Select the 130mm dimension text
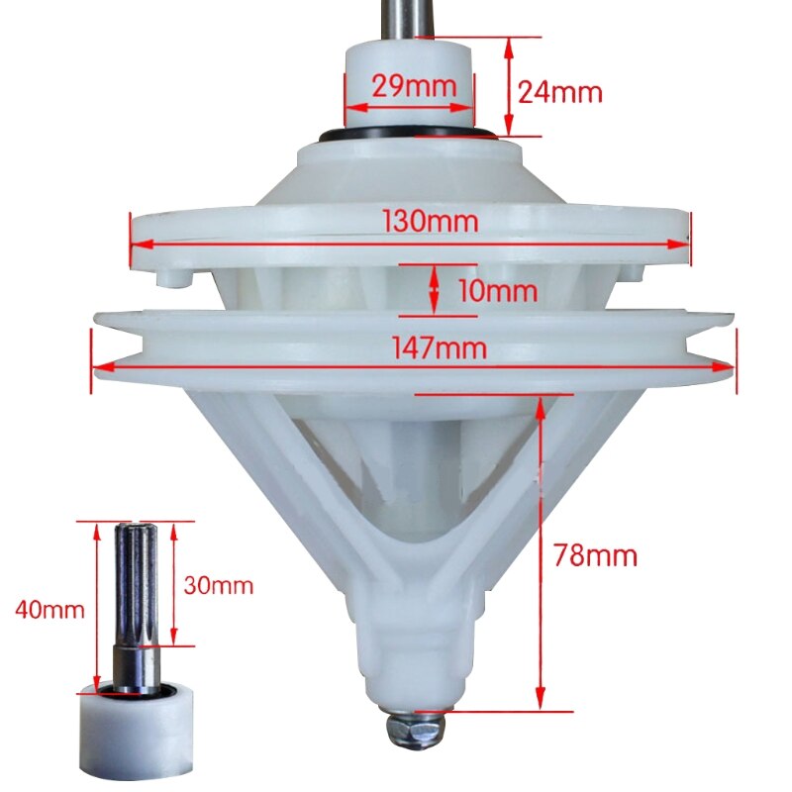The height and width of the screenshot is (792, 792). click(x=433, y=222)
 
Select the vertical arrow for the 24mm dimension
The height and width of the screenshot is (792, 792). click(x=509, y=86)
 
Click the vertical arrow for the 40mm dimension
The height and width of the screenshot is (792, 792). click(x=97, y=606)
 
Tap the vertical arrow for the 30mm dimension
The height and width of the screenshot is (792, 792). click(x=174, y=584)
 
